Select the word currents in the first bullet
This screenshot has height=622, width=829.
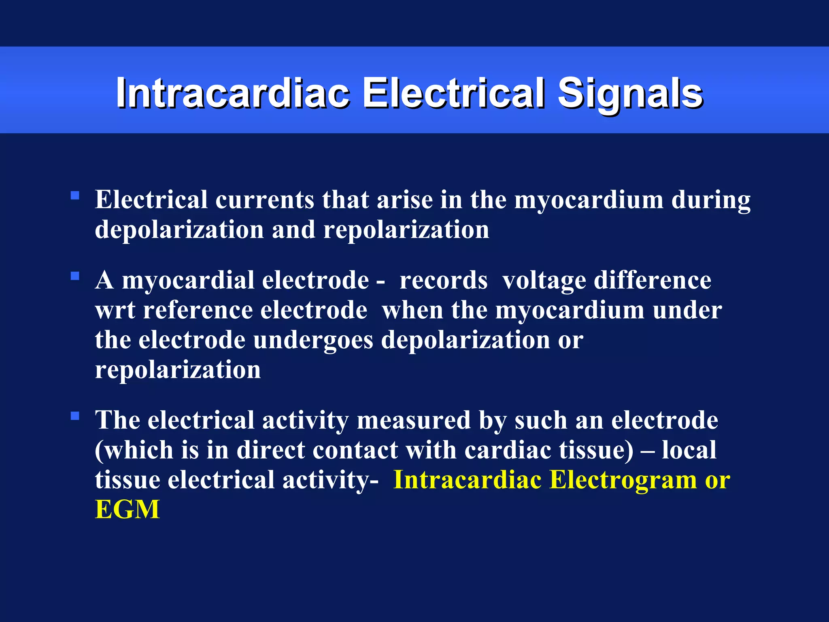(x=265, y=200)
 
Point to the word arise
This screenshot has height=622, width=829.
(x=404, y=200)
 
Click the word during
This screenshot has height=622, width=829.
(x=711, y=201)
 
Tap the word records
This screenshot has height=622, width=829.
(x=443, y=280)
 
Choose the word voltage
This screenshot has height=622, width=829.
(x=544, y=281)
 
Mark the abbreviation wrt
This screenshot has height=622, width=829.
(x=115, y=311)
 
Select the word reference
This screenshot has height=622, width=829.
(x=198, y=310)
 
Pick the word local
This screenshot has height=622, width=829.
(x=689, y=449)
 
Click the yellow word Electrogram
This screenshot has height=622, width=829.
(x=623, y=480)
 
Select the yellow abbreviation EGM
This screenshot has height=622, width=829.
(x=127, y=509)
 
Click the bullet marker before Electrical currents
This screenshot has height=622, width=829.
(x=75, y=196)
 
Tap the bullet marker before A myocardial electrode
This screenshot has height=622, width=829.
(x=75, y=277)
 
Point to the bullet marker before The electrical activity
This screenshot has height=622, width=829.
(x=75, y=416)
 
